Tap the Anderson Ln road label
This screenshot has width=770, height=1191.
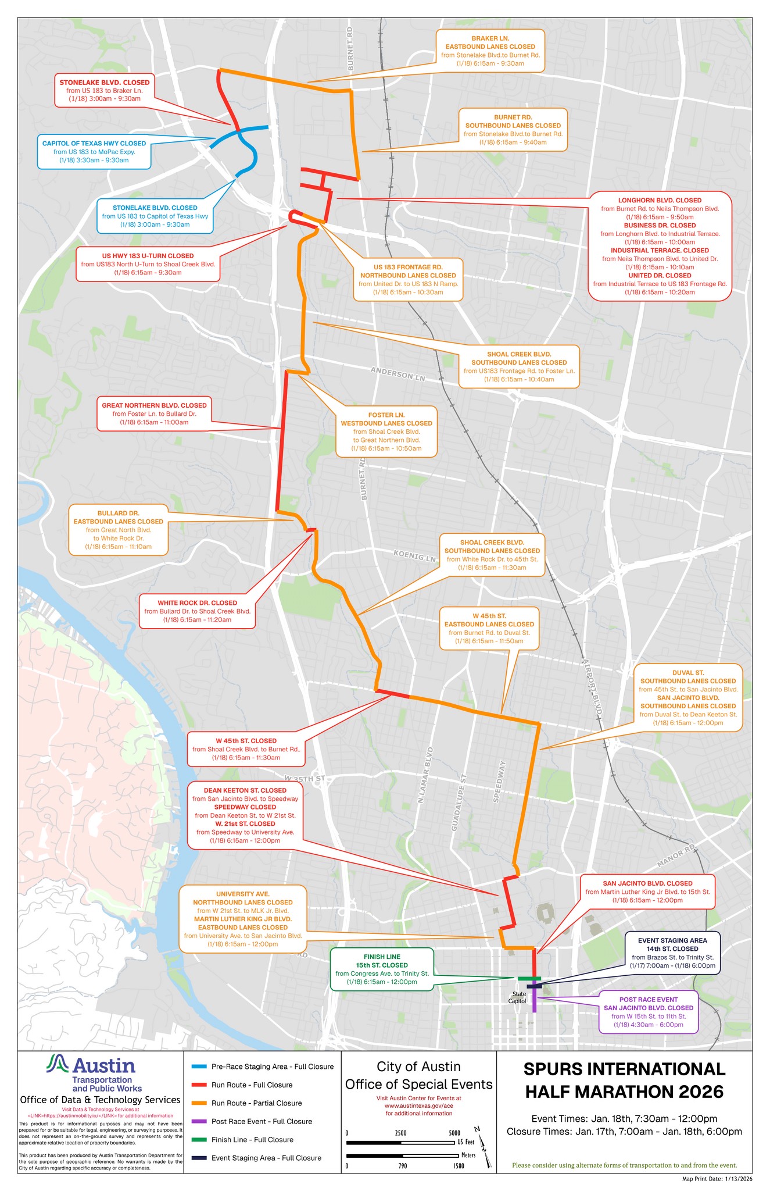click(x=399, y=374)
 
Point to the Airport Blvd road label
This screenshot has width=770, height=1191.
click(x=591, y=690)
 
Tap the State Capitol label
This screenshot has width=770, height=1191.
click(x=517, y=997)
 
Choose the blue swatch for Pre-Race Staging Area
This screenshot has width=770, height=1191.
click(x=198, y=1067)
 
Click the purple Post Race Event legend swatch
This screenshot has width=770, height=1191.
click(x=198, y=1121)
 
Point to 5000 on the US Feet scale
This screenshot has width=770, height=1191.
click(x=454, y=1133)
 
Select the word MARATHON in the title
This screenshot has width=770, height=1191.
click(x=624, y=1092)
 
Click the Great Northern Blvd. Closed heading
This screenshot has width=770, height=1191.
click(x=154, y=405)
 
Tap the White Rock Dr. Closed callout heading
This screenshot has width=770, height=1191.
click(x=197, y=603)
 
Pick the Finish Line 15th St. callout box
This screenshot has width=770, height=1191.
click(x=382, y=969)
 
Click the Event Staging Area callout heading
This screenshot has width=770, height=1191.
click(x=672, y=940)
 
